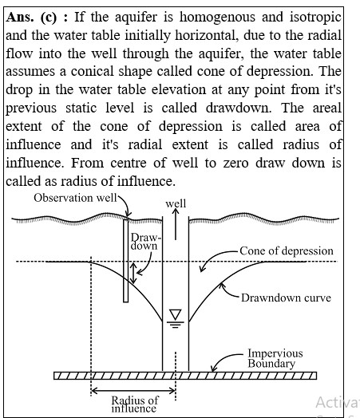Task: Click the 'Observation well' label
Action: [75, 198]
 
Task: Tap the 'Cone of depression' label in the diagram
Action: [287, 250]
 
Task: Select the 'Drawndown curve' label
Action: [286, 298]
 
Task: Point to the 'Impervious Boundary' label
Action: [275, 358]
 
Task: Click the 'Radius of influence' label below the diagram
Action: [135, 404]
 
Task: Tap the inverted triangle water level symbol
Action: [176, 314]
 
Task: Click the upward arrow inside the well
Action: [176, 224]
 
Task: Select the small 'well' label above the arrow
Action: [176, 203]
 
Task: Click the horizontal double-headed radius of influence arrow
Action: [133, 391]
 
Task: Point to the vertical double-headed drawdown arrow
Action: [134, 273]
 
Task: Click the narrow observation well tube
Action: [125, 260]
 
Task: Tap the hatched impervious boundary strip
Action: [185, 376]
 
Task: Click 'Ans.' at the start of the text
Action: [20, 18]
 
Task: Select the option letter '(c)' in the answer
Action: [49, 18]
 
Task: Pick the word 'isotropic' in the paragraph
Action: [315, 18]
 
